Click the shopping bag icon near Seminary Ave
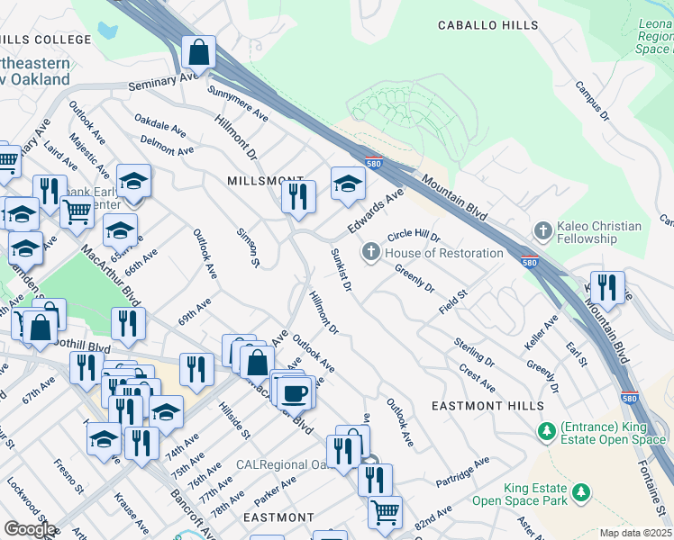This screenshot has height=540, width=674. click(198, 54)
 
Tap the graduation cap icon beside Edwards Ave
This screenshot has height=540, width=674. click(348, 184)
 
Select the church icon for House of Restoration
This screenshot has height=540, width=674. click(370, 253)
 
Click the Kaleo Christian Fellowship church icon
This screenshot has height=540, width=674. click(542, 230)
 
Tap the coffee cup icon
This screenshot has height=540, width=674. click(295, 392)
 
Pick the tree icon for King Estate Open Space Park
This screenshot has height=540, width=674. click(582, 492)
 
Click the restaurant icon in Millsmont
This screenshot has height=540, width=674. click(298, 196)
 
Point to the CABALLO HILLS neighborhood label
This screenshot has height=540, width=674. click(487, 26)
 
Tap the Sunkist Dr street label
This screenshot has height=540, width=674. click(341, 270)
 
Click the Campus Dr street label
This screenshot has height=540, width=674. click(593, 103)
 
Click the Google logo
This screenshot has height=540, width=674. click(30, 529)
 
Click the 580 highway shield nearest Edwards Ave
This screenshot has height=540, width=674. click(373, 164)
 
